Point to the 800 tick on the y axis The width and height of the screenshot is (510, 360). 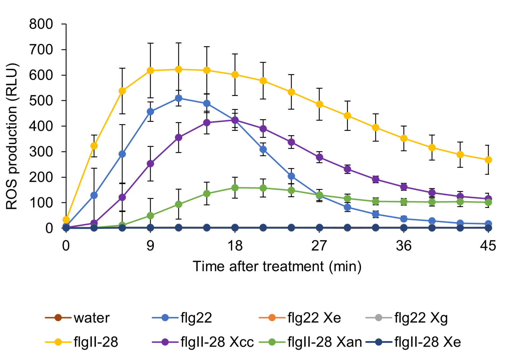point(41,24)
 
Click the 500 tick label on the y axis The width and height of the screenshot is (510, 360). point(41,101)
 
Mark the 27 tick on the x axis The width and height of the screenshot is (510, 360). point(319,246)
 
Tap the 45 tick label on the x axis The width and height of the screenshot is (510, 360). point(488,246)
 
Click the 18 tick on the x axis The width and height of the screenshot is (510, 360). point(235,246)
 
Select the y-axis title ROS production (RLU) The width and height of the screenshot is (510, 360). point(12,136)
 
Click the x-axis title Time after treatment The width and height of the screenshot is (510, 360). point(277,266)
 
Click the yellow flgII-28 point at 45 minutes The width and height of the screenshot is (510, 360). point(488,160)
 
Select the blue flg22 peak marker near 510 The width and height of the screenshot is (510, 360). point(179,98)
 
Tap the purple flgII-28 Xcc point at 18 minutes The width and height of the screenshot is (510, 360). point(235,120)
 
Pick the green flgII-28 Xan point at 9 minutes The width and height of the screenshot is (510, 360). point(150,216)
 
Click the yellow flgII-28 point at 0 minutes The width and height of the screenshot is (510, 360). point(66,220)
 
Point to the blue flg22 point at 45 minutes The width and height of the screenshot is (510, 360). point(488,224)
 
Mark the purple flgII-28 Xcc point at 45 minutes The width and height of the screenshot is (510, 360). point(488,199)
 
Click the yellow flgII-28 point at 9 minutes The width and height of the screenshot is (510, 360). point(150,70)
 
